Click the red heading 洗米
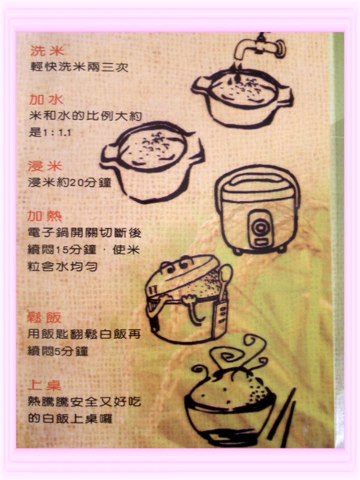47,51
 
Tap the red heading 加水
46,100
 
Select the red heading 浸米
45,166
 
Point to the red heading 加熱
45,216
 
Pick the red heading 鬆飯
44,317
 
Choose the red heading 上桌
44,385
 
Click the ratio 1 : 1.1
57,133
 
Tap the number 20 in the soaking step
76,183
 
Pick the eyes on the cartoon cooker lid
178,265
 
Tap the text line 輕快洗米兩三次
79,67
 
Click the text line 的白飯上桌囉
70,418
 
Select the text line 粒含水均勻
62,266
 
